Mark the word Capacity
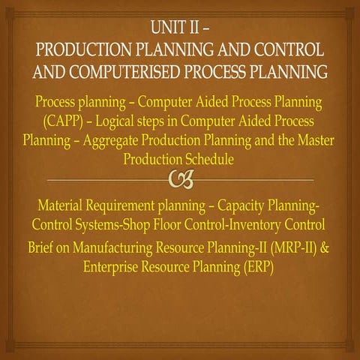coord(244,205)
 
